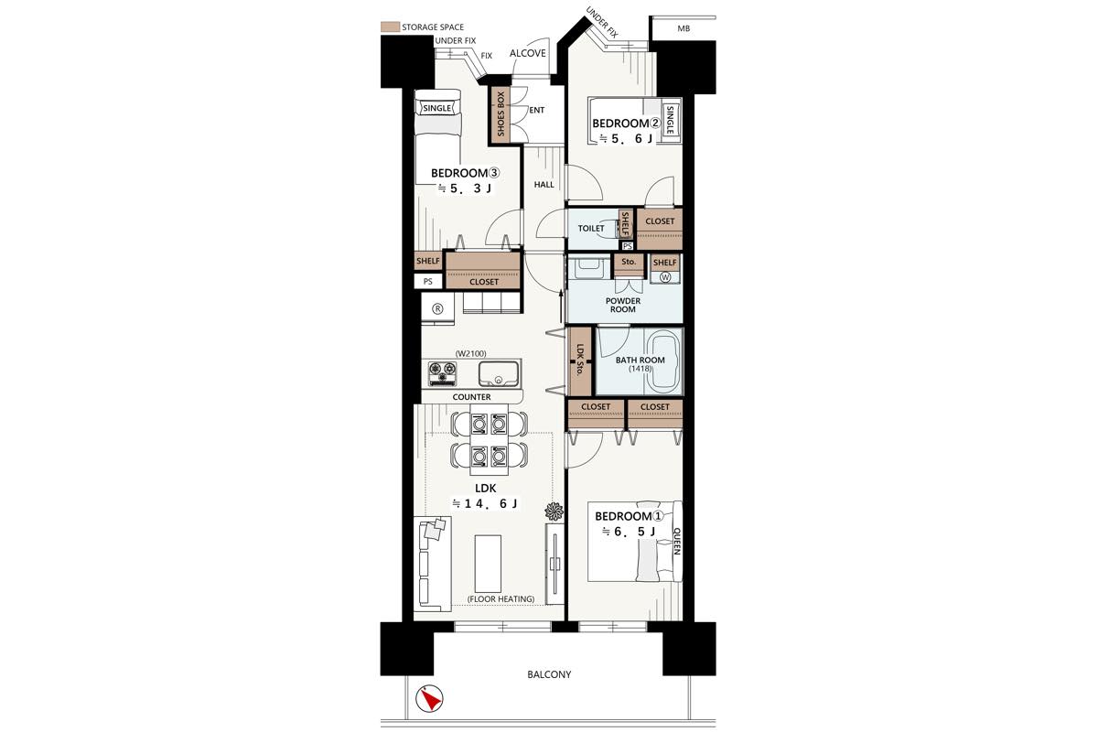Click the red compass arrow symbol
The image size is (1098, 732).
[x=429, y=699]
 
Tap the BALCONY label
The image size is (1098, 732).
[x=549, y=674]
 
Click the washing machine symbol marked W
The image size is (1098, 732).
[x=665, y=277]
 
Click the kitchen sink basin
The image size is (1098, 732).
[x=498, y=373]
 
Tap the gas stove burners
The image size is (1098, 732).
[x=443, y=373]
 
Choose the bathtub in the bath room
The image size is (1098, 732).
[x=663, y=361]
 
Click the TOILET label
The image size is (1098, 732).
[x=591, y=229]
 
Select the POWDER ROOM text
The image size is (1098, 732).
[x=623, y=305]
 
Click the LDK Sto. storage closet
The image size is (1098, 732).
[x=580, y=361]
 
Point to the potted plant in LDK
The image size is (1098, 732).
[x=554, y=511]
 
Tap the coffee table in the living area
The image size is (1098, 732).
[x=488, y=564]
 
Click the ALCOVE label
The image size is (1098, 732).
[x=527, y=53]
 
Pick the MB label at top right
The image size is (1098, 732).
[x=684, y=28]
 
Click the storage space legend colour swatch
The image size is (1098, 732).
[x=390, y=27]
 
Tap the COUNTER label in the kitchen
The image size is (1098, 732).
[x=471, y=397]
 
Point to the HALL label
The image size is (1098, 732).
[x=544, y=185]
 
